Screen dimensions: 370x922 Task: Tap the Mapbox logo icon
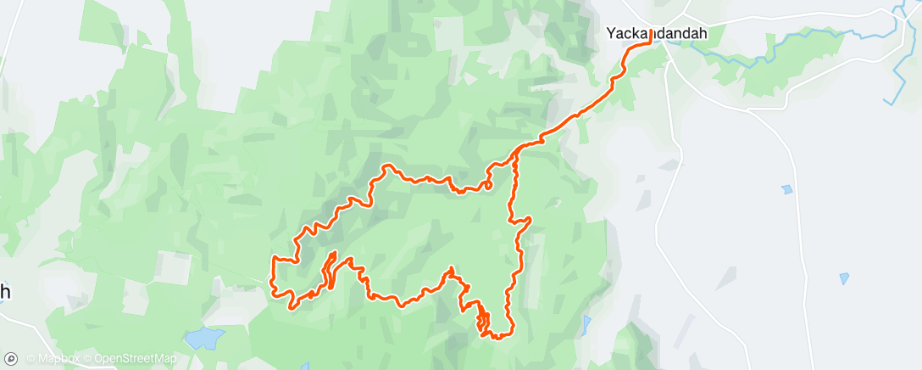click(x=11, y=359)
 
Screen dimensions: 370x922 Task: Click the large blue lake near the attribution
click(x=203, y=339)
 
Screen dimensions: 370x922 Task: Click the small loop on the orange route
click(x=489, y=183)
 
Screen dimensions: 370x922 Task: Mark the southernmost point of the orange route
click(x=496, y=338)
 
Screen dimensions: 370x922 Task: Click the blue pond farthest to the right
click(x=844, y=278)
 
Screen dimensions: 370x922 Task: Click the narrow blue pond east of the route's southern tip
click(x=586, y=323)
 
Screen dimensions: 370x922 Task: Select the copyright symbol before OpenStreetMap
click(x=86, y=359)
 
